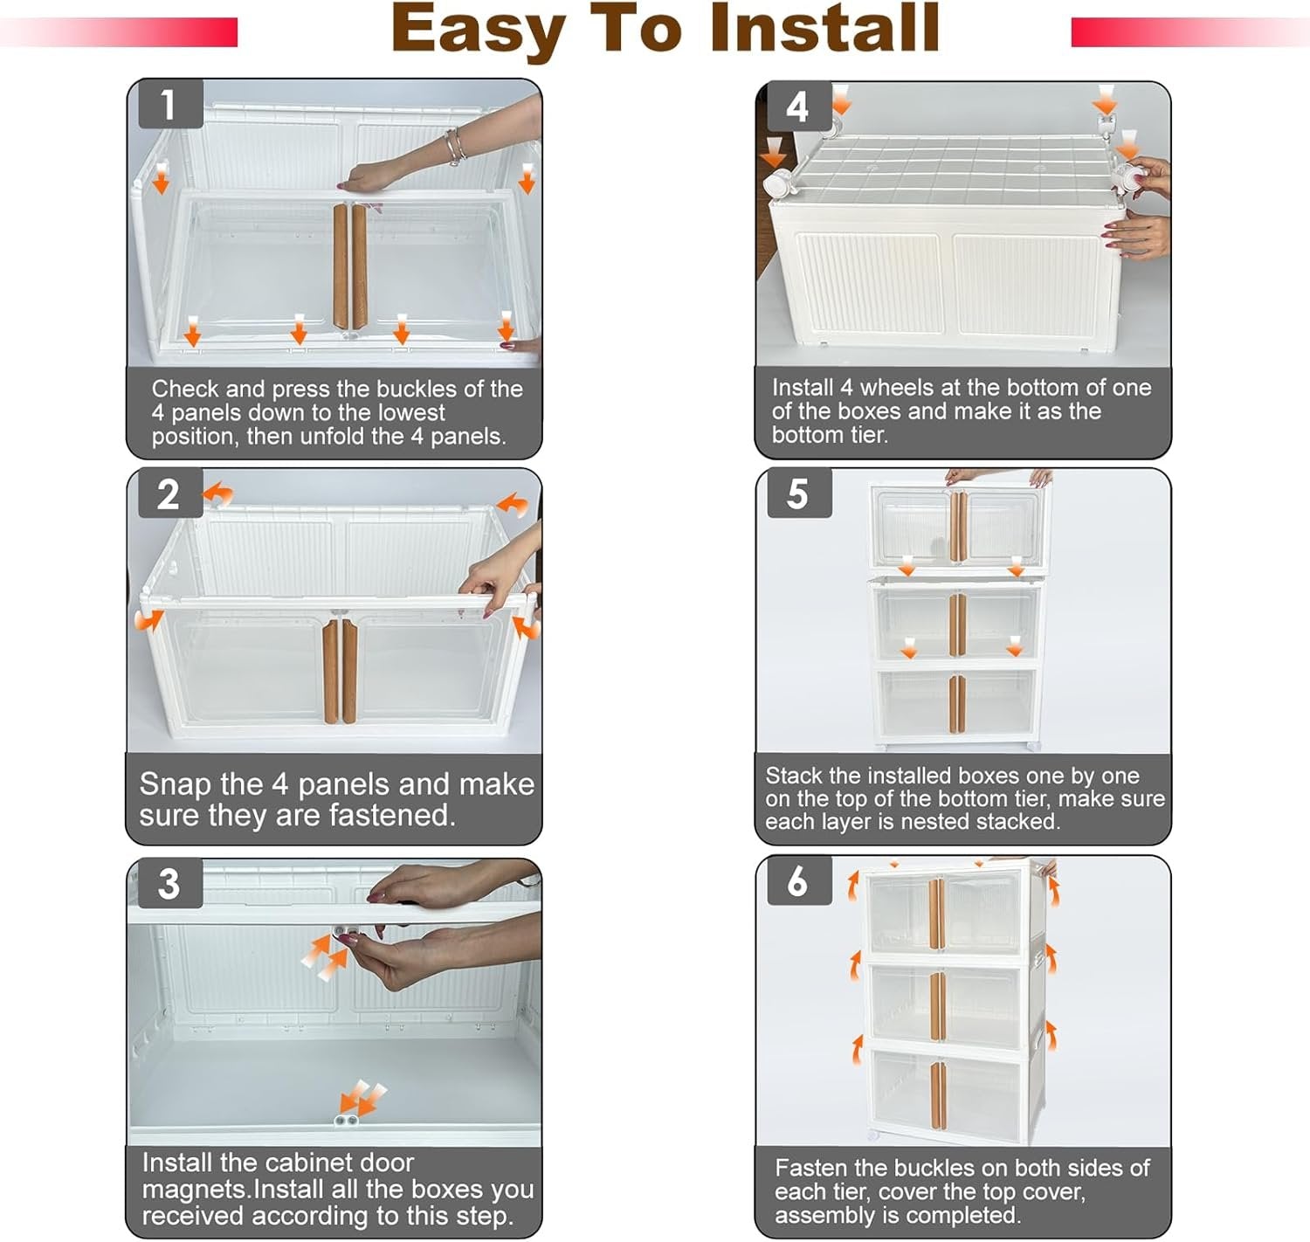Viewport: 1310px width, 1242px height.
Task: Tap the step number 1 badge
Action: coord(170,104)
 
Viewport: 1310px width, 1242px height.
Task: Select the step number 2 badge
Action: coord(170,493)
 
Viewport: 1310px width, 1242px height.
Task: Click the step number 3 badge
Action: coord(170,883)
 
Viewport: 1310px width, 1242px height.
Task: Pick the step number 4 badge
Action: coord(799,107)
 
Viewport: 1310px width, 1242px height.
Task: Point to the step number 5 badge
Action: coord(799,494)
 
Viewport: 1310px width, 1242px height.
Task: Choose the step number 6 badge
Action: coord(799,881)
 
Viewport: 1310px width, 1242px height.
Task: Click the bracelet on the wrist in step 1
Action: coord(456,147)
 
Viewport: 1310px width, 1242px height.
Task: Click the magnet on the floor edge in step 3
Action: coord(346,1121)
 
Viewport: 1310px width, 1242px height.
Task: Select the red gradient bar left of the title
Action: coord(119,32)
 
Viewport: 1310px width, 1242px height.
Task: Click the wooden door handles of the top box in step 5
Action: coord(958,527)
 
